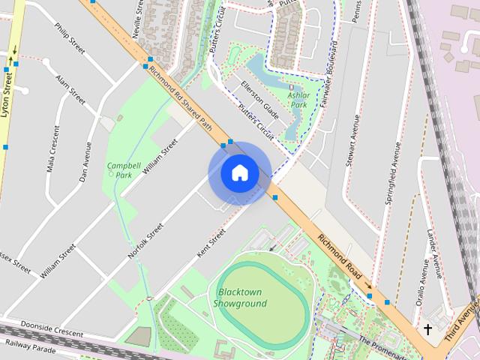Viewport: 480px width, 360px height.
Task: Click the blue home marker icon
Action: coord(240,172)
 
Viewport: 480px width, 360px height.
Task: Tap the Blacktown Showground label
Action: coord(240,298)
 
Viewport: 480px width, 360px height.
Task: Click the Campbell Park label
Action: coord(124,169)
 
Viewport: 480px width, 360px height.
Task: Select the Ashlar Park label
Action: coord(298,100)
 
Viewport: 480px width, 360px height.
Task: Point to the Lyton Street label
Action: coord(8,90)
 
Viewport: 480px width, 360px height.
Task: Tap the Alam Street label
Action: coord(70,88)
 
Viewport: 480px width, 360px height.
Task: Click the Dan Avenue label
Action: coord(85,162)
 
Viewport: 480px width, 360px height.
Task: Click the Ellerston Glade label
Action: coord(260,100)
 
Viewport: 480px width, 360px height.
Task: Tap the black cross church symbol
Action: coord(428,329)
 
